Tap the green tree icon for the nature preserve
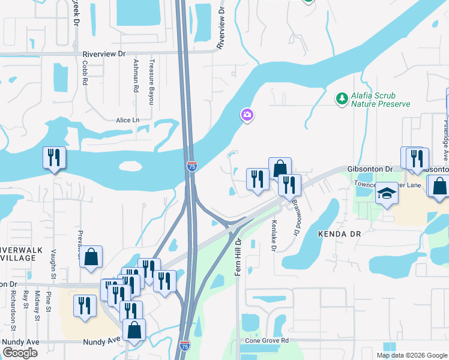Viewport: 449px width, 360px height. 342,98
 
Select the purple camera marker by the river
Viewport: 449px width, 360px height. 247,115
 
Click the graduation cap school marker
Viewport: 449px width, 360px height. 387,194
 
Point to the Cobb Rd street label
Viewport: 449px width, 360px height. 85,71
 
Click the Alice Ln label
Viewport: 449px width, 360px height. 127,120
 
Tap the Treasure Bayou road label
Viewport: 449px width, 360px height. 152,82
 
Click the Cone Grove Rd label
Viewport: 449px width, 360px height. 267,340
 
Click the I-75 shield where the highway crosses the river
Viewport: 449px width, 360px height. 191,166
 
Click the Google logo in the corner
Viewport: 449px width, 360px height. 20,353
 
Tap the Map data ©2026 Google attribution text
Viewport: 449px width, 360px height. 411,355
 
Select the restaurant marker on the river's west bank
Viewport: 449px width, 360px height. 54,158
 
